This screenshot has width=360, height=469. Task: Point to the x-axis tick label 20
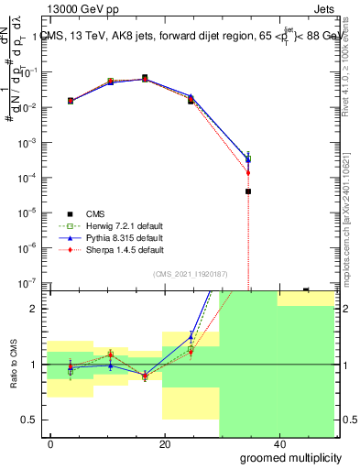pyautogui.click(x=165, y=444)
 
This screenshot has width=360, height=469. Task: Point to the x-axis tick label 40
pyautogui.click(x=278, y=444)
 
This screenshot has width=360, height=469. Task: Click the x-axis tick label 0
pyautogui.click(x=51, y=444)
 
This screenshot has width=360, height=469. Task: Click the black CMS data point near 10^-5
pyautogui.click(x=248, y=191)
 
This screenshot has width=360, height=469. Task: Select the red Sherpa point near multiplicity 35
pyautogui.click(x=248, y=172)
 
